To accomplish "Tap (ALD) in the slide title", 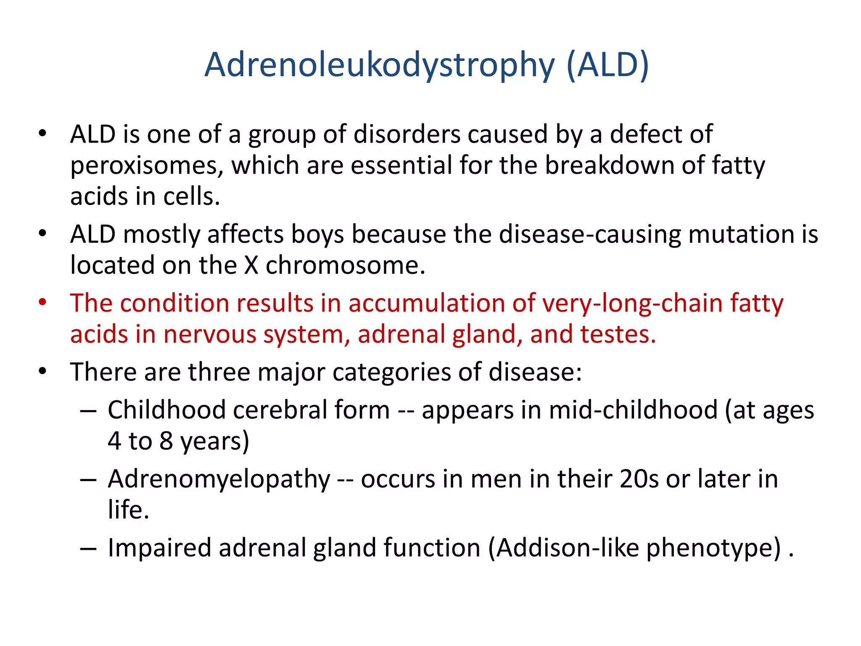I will pos(607,66).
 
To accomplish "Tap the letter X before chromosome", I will pos(251,265).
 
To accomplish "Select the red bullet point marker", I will pos(42,302).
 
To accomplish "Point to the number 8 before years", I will pos(166,441).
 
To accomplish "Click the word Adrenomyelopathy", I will pos(219,480).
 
